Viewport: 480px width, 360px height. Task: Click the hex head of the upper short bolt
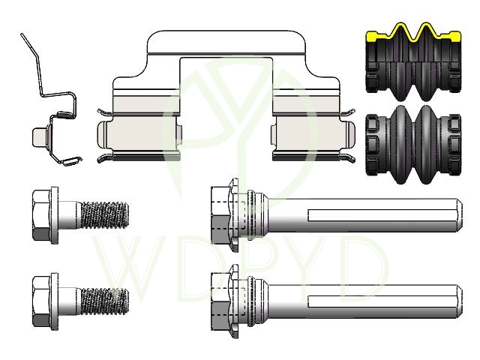[x=41, y=215]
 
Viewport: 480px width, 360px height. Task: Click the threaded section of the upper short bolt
[x=104, y=214]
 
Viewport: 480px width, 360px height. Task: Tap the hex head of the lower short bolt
[x=41, y=301]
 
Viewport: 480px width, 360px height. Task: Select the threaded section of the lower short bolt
[x=104, y=301]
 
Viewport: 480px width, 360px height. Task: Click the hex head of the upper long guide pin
[x=220, y=215]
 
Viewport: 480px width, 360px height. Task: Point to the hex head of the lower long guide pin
[x=220, y=301]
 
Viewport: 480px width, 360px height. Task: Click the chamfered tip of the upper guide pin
[x=460, y=215]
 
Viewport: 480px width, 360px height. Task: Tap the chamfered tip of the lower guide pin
[x=460, y=301]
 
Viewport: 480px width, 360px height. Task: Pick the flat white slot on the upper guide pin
[x=382, y=215]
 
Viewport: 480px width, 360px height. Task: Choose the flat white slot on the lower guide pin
[x=382, y=301]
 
